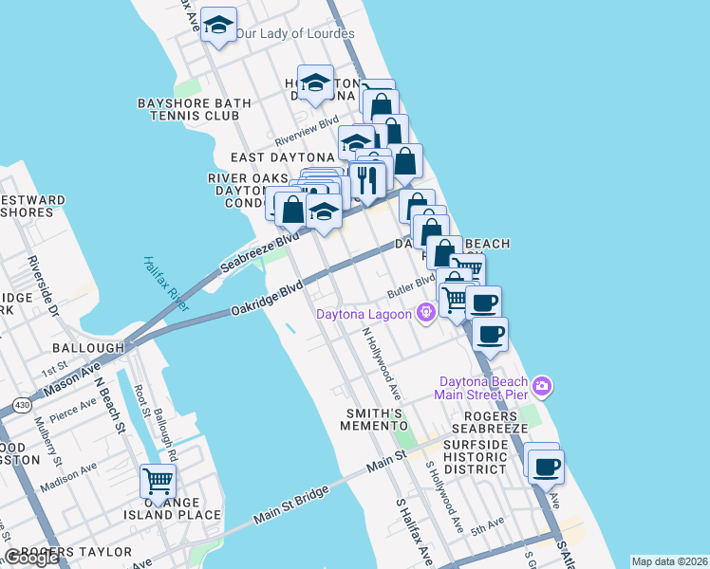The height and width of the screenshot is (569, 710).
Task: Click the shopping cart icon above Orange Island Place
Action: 158,480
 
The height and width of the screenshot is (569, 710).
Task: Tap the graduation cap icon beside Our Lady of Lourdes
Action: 219,27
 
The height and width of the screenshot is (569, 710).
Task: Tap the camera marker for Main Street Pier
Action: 541,385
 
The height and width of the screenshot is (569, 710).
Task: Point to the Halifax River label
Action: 167,284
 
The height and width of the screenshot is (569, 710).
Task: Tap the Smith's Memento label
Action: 376,419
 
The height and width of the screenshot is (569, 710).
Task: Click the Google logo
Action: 30,558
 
